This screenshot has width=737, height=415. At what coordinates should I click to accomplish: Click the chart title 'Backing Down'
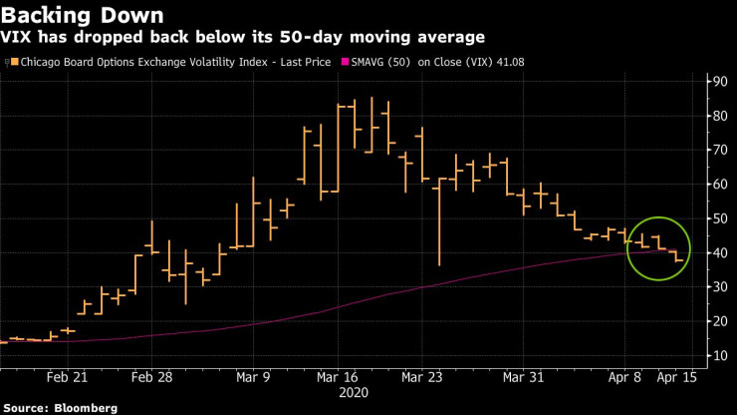pyautogui.click(x=70, y=15)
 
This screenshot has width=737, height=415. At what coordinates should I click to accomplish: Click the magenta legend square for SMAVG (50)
pyautogui.click(x=345, y=62)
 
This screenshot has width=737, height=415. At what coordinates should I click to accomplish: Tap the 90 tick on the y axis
pyautogui.click(x=717, y=82)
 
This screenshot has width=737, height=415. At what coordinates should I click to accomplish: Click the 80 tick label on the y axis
pyautogui.click(x=717, y=116)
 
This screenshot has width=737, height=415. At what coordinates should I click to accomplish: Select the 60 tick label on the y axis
pyautogui.click(x=717, y=185)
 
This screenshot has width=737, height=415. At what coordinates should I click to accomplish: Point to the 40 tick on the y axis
pyautogui.click(x=717, y=253)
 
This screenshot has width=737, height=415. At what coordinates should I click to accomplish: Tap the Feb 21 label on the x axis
pyautogui.click(x=68, y=377)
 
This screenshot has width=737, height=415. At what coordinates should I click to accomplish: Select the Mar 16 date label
pyautogui.click(x=339, y=377)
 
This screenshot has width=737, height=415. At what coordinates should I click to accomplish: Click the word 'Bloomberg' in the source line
pyautogui.click(x=87, y=408)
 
